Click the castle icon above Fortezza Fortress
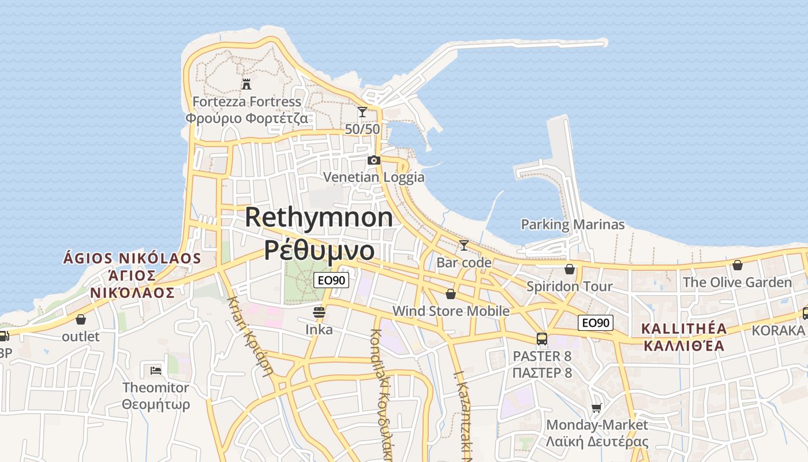tap(246, 84)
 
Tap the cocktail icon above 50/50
tap(362, 112)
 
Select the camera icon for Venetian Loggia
tap(374, 160)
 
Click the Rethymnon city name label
tap(319, 218)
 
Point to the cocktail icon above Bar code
tap(463, 245)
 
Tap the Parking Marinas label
tap(573, 225)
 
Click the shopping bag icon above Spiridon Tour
tap(570, 269)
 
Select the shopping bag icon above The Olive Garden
tap(737, 265)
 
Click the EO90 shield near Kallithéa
tap(596, 323)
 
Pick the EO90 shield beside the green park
tap(331, 281)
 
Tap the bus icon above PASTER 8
tap(542, 339)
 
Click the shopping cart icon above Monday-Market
tap(597, 408)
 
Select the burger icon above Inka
tap(319, 312)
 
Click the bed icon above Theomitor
tap(155, 370)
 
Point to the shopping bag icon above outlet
tap(81, 319)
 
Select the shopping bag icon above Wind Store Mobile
tap(451, 294)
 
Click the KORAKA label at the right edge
tap(777, 330)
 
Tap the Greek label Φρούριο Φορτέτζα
tap(246, 119)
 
